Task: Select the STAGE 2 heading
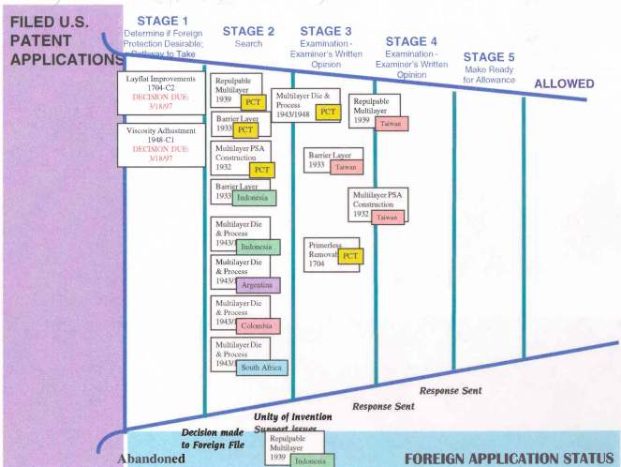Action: click(x=248, y=32)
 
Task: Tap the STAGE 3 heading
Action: click(x=327, y=31)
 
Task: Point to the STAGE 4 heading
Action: click(x=411, y=41)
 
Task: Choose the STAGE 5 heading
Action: click(x=489, y=57)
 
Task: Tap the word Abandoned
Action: click(x=151, y=459)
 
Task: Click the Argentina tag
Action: click(x=257, y=285)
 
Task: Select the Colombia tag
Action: click(x=258, y=326)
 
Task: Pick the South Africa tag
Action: click(x=260, y=368)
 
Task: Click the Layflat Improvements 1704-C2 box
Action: click(x=160, y=93)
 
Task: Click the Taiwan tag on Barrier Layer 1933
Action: click(x=346, y=166)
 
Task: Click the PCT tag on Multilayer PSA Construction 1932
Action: click(x=262, y=171)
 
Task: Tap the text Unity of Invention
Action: click(x=291, y=416)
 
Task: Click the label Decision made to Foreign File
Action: click(x=213, y=438)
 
